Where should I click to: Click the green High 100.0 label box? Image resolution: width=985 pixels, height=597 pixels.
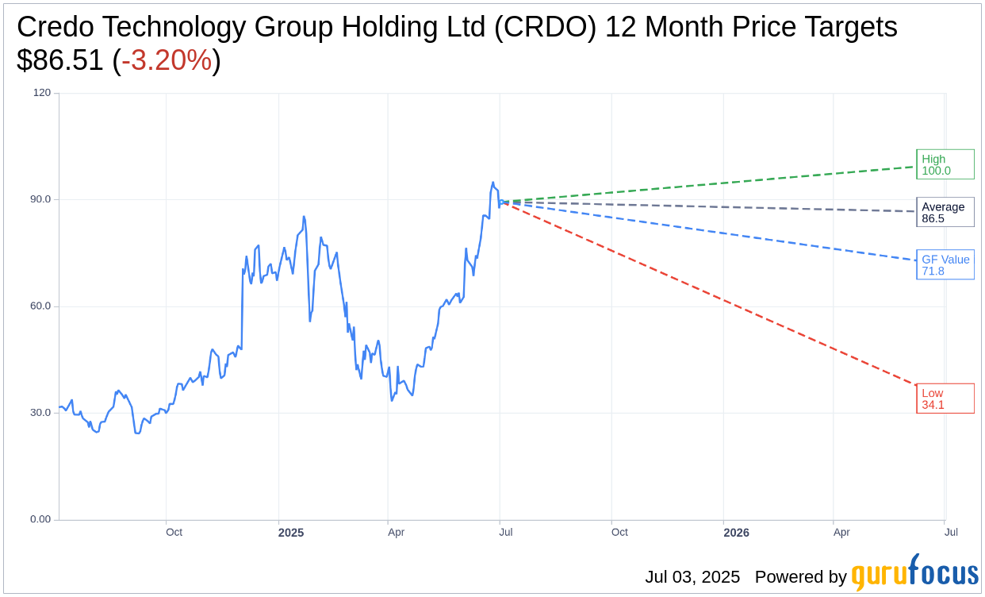point(945,164)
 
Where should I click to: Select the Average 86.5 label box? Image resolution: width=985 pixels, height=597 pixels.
point(945,212)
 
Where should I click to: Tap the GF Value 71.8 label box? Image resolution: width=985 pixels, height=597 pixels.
point(945,264)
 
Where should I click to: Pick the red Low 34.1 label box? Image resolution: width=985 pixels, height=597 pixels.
point(945,399)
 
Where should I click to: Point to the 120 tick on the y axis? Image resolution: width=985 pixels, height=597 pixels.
point(41,93)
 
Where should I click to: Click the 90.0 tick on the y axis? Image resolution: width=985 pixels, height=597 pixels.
point(41,199)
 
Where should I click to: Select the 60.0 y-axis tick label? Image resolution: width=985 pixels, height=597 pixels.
point(41,306)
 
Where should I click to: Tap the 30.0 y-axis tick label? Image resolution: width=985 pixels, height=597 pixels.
point(41,413)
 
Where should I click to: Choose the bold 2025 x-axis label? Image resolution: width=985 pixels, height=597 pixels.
point(290,533)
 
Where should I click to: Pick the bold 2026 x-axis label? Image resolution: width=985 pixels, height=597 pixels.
point(736,533)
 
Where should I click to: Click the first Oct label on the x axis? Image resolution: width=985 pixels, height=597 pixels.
point(174,532)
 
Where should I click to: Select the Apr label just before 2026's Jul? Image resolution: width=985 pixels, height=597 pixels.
point(841,532)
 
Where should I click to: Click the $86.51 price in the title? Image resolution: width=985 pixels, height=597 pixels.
point(60,60)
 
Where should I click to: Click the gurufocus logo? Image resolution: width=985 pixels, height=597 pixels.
point(914,573)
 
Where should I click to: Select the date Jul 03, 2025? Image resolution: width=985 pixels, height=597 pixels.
point(692,577)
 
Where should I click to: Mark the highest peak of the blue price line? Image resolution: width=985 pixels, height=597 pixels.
point(492,183)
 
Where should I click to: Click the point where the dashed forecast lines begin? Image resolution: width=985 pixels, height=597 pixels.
point(500,202)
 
